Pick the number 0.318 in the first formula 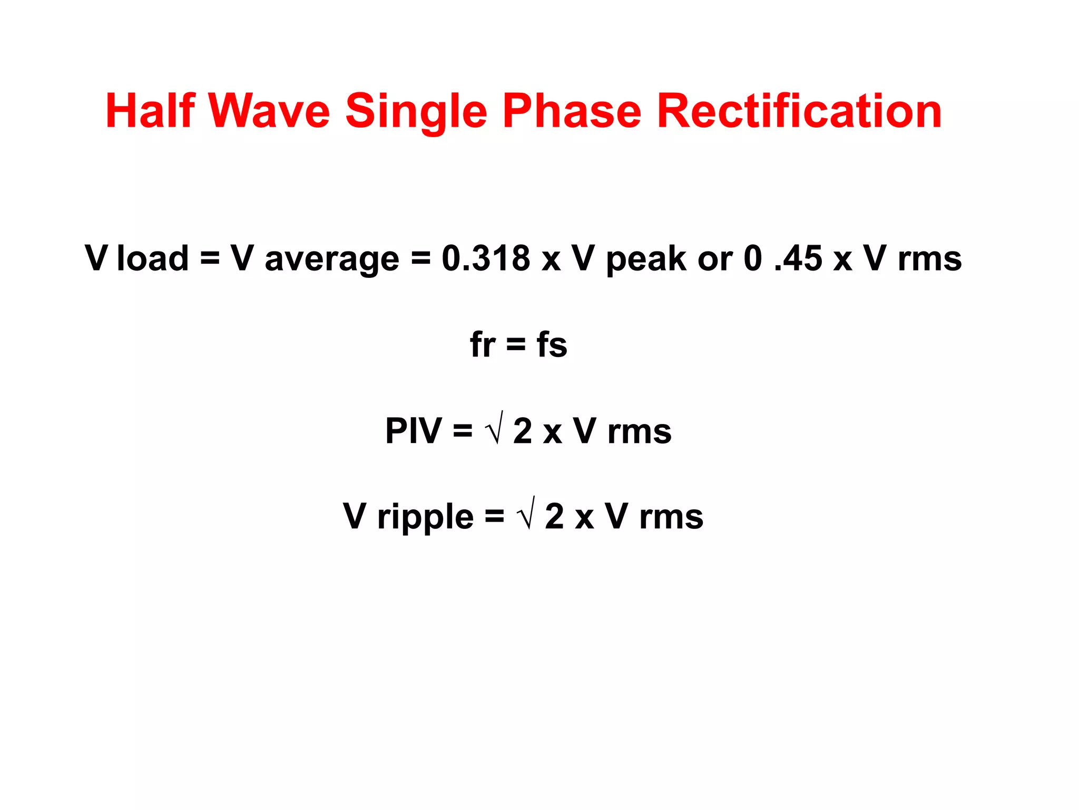click(x=486, y=258)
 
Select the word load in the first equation click(x=152, y=258)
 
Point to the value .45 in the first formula click(x=798, y=258)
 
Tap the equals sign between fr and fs click(x=516, y=345)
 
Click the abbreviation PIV click(x=414, y=431)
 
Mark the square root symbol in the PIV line click(x=495, y=429)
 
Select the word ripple click(x=425, y=517)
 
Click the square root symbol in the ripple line click(x=527, y=514)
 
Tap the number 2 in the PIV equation click(x=523, y=431)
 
